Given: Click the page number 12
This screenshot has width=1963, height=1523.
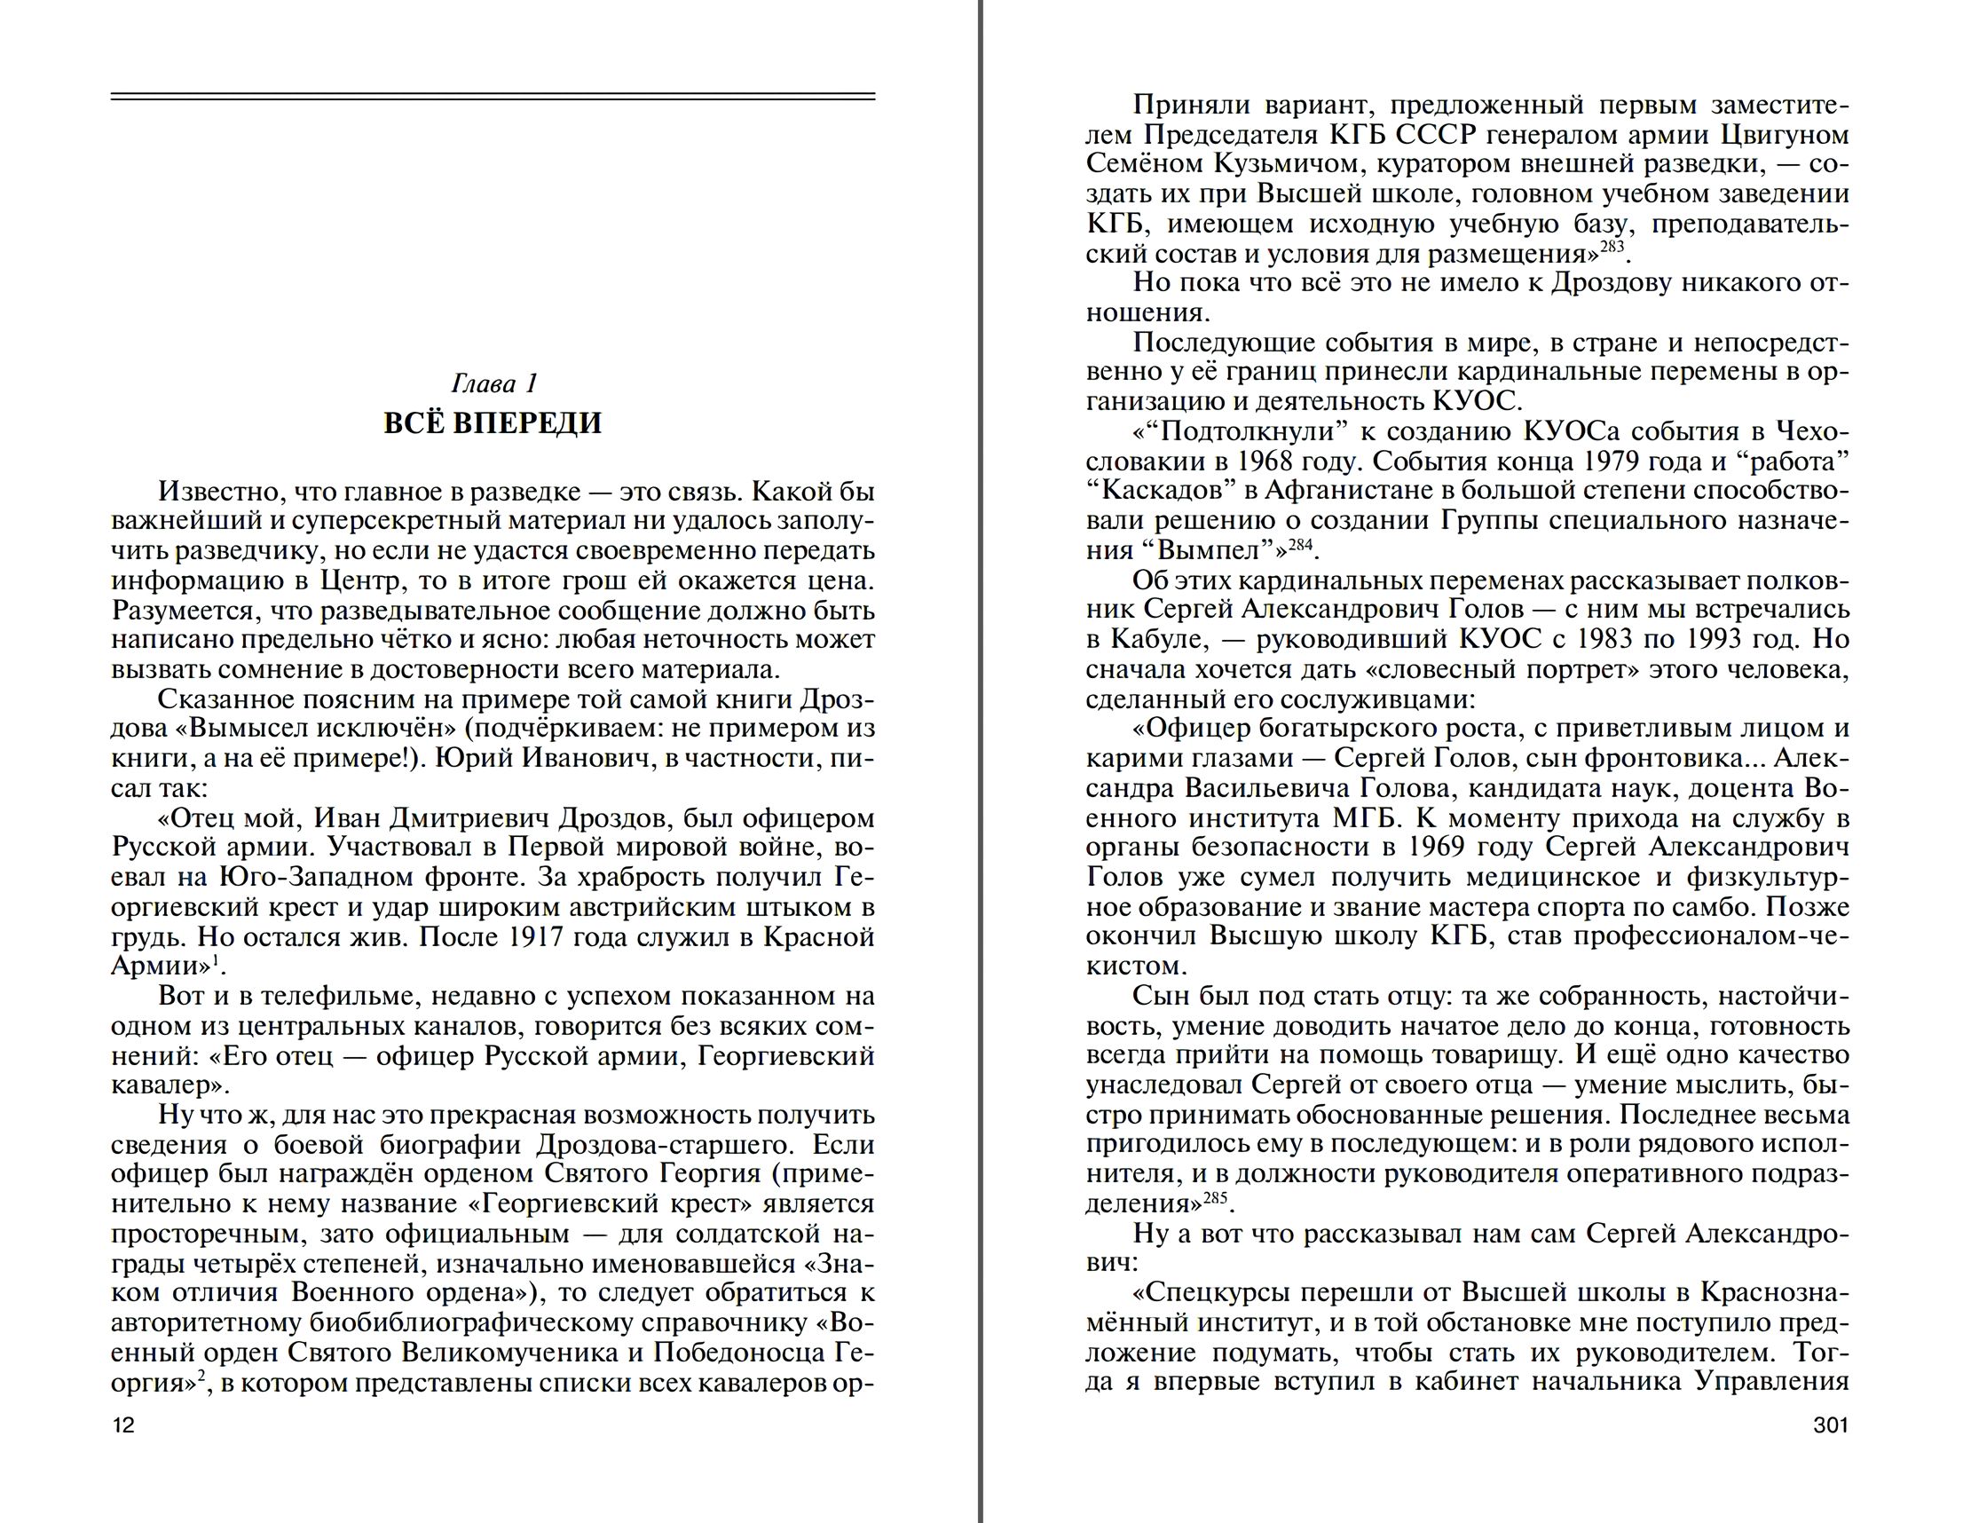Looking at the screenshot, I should coord(123,1425).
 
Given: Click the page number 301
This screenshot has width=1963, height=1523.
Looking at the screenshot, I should coord(1830,1425).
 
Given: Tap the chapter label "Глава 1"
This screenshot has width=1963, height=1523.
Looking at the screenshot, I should coord(493,384).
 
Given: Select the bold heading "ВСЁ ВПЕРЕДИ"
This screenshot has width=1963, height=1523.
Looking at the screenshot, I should coord(493,422).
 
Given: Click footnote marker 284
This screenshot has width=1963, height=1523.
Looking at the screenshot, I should coord(1301,544).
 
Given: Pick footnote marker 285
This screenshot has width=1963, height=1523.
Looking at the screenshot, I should coord(1214,1197).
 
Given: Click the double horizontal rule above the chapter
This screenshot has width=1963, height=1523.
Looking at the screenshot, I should coord(493,96).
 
